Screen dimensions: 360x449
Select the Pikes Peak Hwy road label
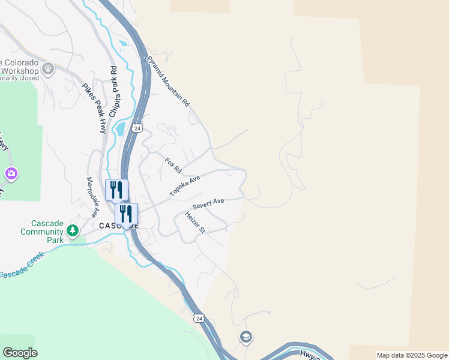tap(94, 108)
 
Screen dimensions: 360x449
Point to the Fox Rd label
tap(173, 165)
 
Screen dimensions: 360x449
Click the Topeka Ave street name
tap(184, 187)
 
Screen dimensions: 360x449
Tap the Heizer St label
tap(195, 223)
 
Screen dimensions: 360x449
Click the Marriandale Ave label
tap(92, 197)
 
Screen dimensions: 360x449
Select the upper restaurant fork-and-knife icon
tap(116, 190)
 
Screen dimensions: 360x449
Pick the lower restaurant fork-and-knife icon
tap(127, 214)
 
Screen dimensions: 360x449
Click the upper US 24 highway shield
tap(137, 128)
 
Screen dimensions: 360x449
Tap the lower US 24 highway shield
tap(199, 317)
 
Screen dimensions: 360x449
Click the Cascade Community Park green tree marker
tap(73, 230)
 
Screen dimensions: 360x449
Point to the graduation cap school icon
tap(245, 337)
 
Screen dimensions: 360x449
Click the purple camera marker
tap(11, 174)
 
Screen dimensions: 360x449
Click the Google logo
tap(20, 353)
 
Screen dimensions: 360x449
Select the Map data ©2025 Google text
tap(412, 355)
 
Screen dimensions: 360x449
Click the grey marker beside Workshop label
tap(48, 70)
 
